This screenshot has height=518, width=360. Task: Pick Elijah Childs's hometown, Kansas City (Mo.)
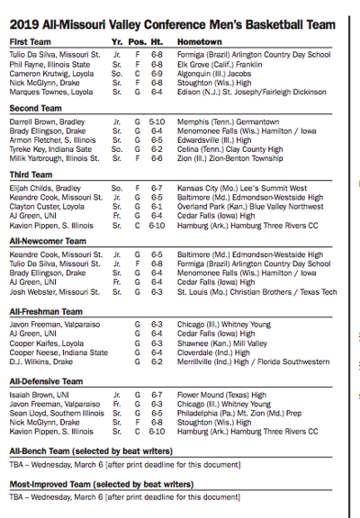pos(238,188)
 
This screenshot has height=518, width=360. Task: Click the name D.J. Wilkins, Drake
pos(41,362)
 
